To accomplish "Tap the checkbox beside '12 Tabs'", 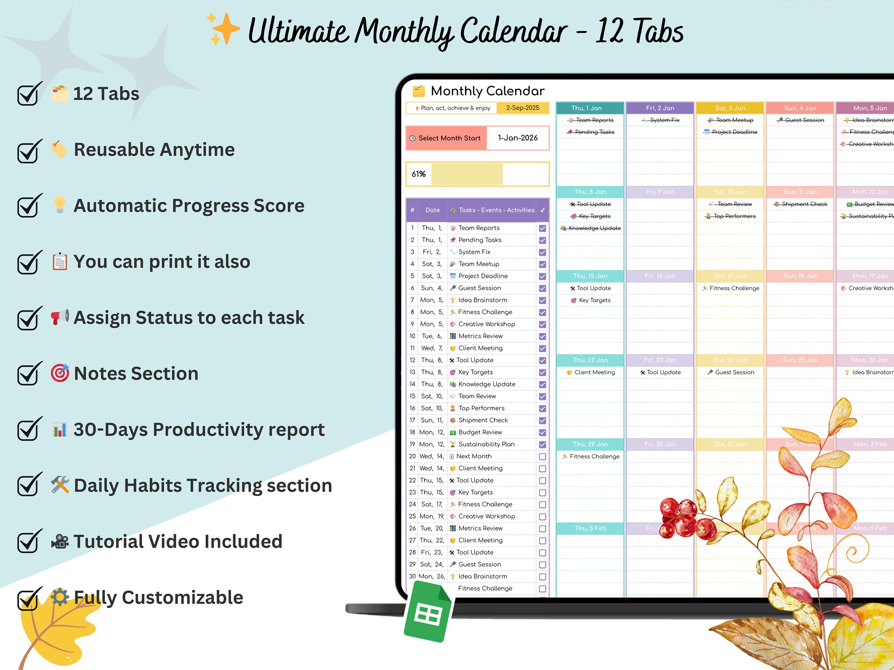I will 28,94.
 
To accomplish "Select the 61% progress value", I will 418,174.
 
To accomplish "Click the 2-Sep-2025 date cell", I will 522,108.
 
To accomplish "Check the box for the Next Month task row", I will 542,457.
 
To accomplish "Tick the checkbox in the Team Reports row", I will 542,228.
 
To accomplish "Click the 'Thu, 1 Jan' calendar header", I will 590,108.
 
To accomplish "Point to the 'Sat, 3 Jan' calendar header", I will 730,108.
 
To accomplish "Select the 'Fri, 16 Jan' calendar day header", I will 659,276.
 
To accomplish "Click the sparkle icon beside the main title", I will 223,29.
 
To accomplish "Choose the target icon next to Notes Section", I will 60,373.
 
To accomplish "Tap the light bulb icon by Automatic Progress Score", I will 60,205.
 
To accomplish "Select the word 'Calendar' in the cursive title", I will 513,31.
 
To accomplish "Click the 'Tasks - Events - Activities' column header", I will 496,210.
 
